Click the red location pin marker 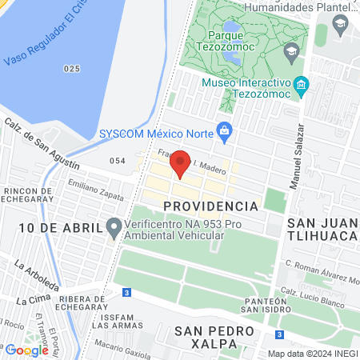pyautogui.click(x=181, y=164)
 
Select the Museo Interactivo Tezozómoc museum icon pyautogui.click(x=302, y=84)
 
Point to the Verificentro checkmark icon pyautogui.click(x=114, y=228)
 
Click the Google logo pyautogui.click(x=27, y=350)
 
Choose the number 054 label pyautogui.click(x=118, y=161)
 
